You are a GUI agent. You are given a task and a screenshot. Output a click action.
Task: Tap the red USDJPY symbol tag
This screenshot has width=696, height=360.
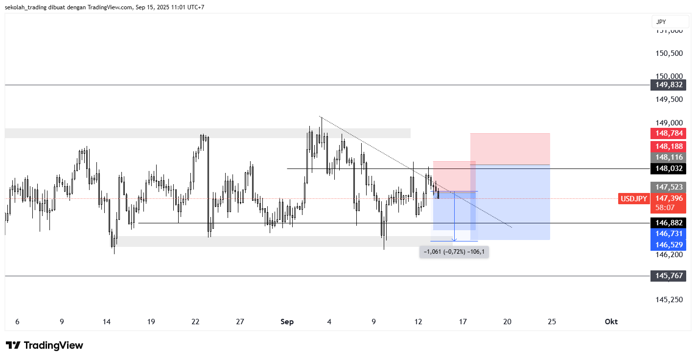tap(634, 198)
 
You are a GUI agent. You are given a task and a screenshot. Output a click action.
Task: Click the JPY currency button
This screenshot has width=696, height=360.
tap(661, 22)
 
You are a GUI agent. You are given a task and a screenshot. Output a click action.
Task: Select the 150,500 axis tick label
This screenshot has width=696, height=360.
tap(669, 53)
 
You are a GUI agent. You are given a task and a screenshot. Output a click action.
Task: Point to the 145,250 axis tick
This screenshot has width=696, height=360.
tap(669, 299)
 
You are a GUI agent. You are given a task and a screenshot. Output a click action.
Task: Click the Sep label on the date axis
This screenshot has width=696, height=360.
tap(287, 322)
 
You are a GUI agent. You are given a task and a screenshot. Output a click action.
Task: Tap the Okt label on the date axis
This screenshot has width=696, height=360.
tap(611, 322)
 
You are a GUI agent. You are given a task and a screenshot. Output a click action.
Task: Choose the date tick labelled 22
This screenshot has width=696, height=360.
tap(195, 322)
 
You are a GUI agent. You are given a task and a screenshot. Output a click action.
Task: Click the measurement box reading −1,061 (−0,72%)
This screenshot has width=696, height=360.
tap(454, 252)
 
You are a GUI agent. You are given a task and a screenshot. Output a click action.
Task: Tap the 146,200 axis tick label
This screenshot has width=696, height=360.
tap(669, 255)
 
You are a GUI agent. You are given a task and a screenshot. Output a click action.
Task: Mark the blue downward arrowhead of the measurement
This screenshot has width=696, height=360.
tap(455, 239)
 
